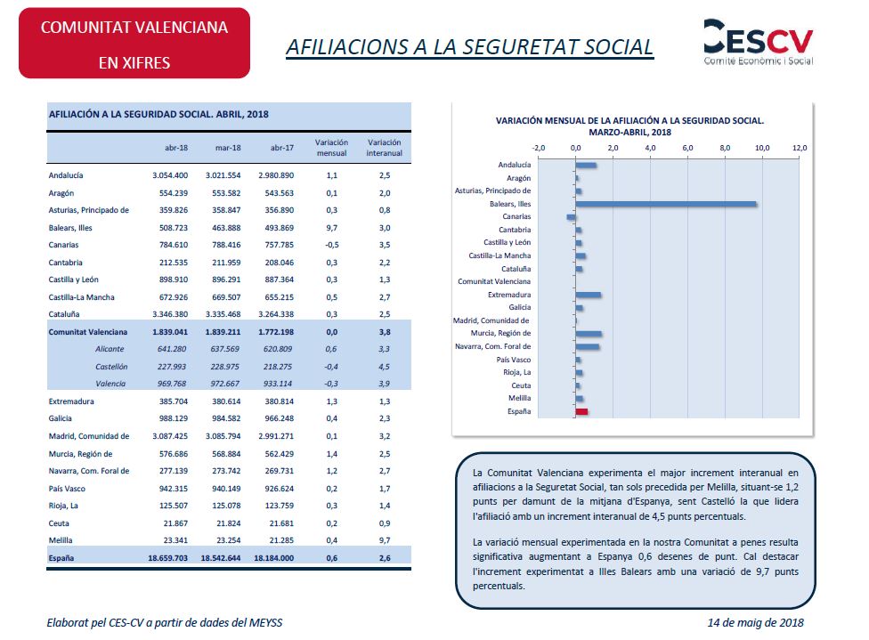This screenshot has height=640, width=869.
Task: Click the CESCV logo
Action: pyautogui.click(x=759, y=42)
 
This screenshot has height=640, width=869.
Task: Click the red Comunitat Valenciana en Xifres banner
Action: pyautogui.click(x=134, y=44)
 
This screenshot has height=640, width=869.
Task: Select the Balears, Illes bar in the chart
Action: pyautogui.click(x=666, y=204)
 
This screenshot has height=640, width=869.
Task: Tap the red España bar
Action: pyautogui.click(x=581, y=412)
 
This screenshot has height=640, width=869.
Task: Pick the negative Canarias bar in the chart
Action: pyautogui.click(x=571, y=217)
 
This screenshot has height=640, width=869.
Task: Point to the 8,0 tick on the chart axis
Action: pyautogui.click(x=725, y=148)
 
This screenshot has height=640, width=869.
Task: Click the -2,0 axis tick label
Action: pyautogui.click(x=538, y=148)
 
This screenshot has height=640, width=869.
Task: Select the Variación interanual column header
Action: pyautogui.click(x=384, y=148)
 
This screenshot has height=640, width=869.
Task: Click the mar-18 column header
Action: pyautogui.click(x=228, y=148)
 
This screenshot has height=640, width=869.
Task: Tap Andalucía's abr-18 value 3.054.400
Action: pyautogui.click(x=170, y=175)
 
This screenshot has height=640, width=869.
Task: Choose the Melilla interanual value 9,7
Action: pyautogui.click(x=385, y=540)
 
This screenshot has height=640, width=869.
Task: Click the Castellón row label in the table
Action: pyautogui.click(x=111, y=367)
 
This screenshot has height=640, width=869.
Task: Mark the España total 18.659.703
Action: pyautogui.click(x=168, y=558)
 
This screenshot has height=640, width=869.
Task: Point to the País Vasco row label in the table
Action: pyautogui.click(x=67, y=489)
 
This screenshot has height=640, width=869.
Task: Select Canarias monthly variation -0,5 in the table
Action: pyautogui.click(x=331, y=245)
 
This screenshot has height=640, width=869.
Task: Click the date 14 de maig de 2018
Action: pyautogui.click(x=755, y=623)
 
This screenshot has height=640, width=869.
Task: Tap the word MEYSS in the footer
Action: pyautogui.click(x=265, y=623)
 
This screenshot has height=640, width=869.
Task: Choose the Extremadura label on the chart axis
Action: pyautogui.click(x=508, y=295)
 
